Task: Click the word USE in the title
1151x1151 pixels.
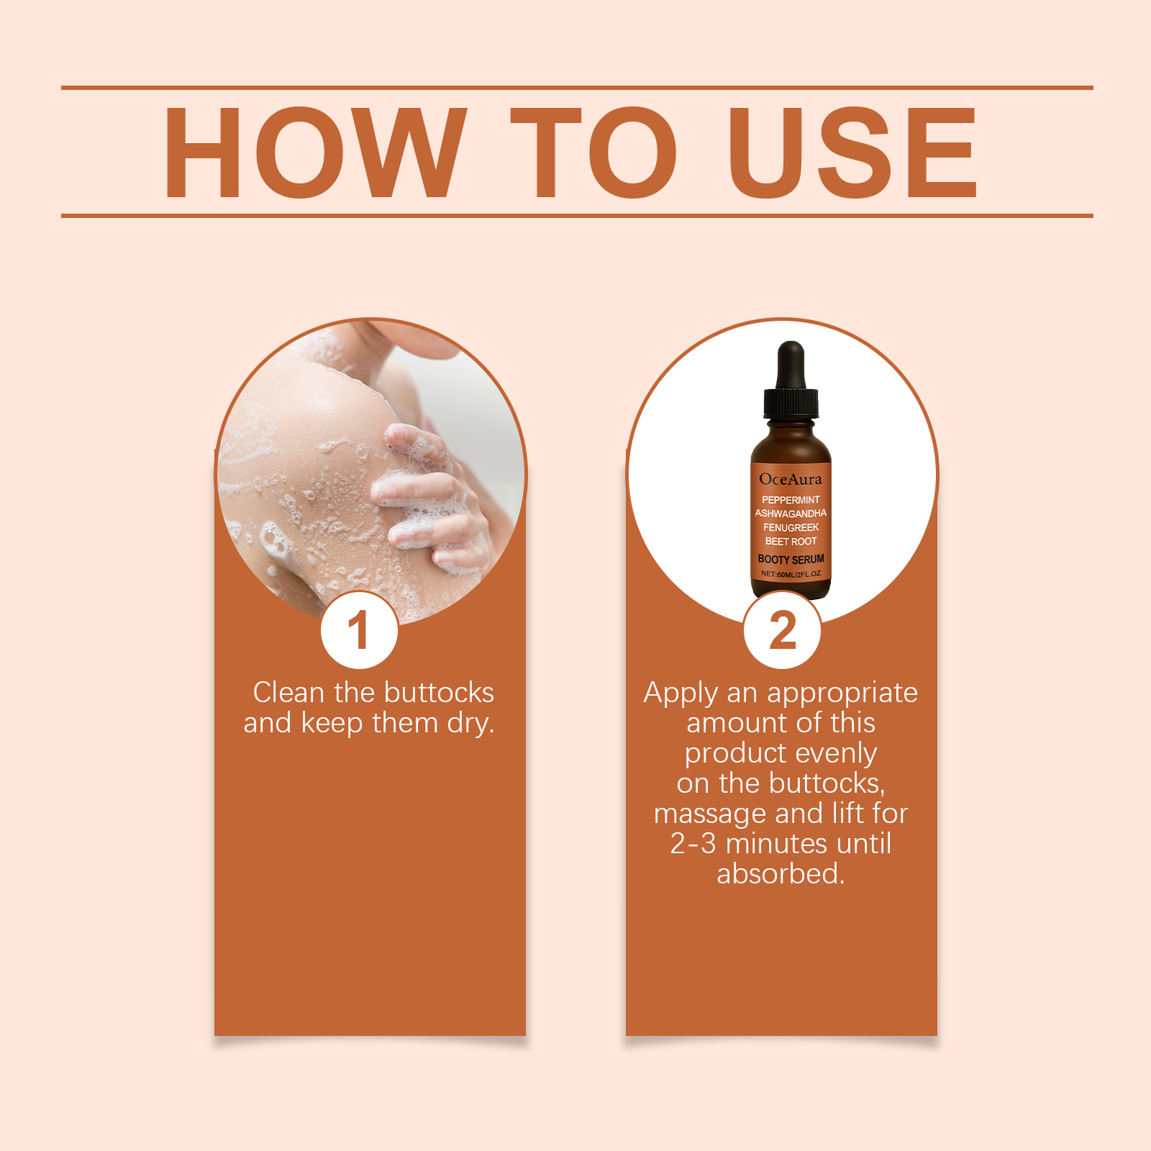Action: point(852,153)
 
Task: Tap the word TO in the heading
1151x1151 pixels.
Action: point(594,153)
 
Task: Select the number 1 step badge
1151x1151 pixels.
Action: point(359,630)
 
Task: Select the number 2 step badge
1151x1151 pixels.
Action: point(782,630)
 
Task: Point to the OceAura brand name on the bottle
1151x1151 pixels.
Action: point(791,479)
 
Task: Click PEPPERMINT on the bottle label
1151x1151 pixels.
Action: point(791,500)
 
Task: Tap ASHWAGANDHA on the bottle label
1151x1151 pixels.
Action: point(791,514)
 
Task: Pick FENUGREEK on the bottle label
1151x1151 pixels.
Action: point(791,527)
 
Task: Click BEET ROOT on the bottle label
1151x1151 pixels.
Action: point(791,542)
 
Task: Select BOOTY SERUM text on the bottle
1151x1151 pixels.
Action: point(791,559)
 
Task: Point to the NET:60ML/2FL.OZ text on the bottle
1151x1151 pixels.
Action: point(791,574)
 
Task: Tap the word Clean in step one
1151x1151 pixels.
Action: point(288,693)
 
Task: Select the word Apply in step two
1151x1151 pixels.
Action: point(681,694)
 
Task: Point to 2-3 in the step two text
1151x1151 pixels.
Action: point(693,844)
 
